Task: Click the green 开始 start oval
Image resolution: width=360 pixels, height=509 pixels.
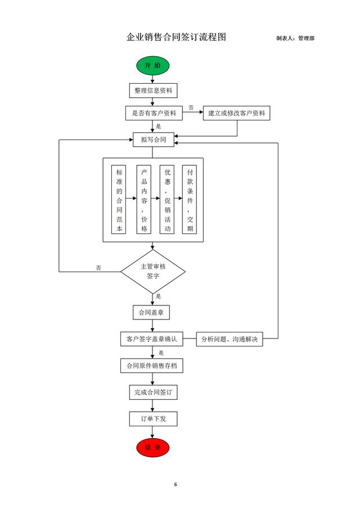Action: [152, 66]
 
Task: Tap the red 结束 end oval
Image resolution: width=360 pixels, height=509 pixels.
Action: [152, 448]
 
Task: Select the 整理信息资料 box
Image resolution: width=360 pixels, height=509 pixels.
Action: [153, 90]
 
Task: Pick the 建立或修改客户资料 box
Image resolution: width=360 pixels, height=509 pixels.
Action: [236, 113]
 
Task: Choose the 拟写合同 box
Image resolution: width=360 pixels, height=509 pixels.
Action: [153, 139]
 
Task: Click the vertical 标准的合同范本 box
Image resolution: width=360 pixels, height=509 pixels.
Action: [119, 200]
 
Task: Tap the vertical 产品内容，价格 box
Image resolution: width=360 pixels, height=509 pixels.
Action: [145, 200]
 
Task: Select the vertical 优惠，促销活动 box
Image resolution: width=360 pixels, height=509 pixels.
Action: [168, 200]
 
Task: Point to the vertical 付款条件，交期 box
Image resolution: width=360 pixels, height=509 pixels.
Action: [190, 200]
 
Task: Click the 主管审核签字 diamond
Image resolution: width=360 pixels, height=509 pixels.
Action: [153, 272]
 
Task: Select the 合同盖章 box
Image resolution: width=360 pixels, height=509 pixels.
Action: [151, 312]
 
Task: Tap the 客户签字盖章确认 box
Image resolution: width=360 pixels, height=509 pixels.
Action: [151, 339]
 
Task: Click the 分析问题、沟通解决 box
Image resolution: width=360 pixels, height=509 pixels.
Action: [229, 339]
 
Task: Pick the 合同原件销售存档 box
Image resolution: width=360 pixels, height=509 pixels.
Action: [152, 366]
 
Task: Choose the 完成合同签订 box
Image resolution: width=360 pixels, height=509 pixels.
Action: [152, 392]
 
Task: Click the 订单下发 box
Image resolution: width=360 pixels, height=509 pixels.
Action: [152, 419]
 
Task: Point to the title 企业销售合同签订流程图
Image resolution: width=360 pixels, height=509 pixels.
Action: [176, 38]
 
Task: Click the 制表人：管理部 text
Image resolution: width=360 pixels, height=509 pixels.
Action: [295, 38]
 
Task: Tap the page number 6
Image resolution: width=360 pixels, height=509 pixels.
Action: [175, 484]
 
